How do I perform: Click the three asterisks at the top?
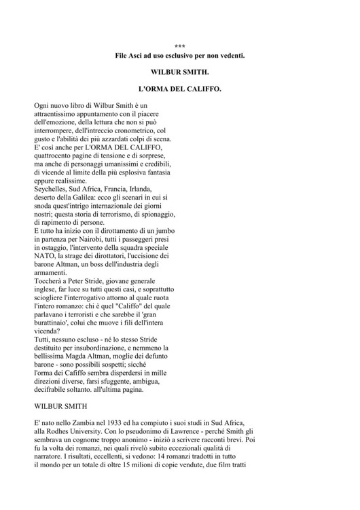[180, 46]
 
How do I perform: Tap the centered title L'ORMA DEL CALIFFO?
[180, 90]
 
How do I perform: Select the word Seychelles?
[53, 189]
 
